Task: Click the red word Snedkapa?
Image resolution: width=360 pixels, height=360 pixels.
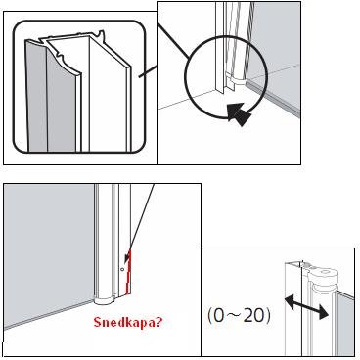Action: click(x=127, y=322)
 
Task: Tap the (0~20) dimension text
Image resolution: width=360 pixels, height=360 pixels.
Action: click(x=239, y=316)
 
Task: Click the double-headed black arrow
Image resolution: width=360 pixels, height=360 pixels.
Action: click(x=306, y=306)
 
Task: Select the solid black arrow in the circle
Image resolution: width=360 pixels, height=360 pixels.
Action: click(x=240, y=114)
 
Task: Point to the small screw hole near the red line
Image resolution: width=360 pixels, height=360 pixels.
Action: click(x=122, y=269)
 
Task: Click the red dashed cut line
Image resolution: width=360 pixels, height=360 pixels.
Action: click(x=127, y=272)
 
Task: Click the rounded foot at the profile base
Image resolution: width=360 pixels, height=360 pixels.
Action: click(x=105, y=300)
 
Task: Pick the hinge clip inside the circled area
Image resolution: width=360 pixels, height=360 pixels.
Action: click(x=236, y=79)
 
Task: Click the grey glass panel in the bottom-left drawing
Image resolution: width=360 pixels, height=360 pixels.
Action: click(x=49, y=247)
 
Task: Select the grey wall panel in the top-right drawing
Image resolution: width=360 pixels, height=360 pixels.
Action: click(x=277, y=49)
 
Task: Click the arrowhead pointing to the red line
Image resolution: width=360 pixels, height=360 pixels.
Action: click(x=127, y=257)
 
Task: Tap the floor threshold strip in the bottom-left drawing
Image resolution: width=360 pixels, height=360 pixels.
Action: click(x=49, y=315)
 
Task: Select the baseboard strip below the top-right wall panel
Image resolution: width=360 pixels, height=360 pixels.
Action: click(x=273, y=99)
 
